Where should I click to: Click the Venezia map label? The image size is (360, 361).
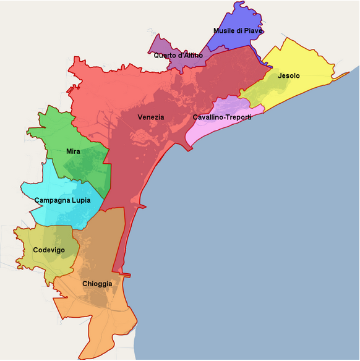point(151,117)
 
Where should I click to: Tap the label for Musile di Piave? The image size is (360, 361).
point(238,30)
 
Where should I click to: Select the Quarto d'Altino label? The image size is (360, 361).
point(178,55)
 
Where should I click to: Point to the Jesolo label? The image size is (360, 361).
point(289,76)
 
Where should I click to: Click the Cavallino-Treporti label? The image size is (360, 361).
point(221,117)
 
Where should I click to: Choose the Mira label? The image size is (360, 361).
point(73,151)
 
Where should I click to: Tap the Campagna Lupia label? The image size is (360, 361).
point(62,200)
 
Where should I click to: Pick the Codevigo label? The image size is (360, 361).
point(49,250)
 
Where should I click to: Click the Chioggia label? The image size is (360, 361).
point(97,284)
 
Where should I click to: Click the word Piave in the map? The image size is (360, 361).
point(253,30)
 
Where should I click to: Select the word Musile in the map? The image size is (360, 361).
point(225,30)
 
